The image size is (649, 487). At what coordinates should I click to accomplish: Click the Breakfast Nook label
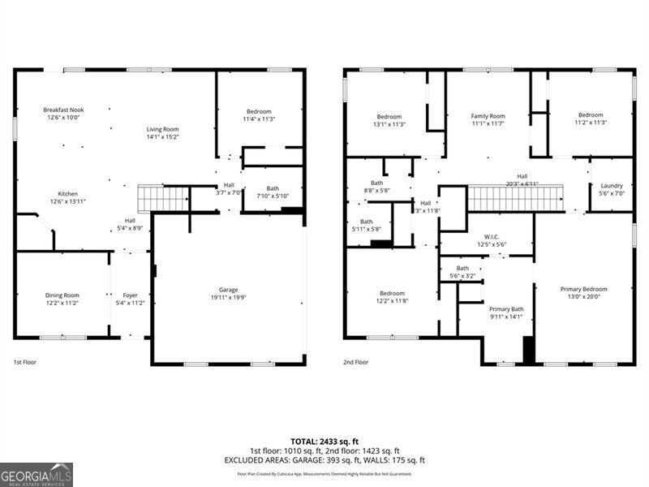(x=63, y=110)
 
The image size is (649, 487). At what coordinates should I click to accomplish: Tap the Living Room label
(x=162, y=129)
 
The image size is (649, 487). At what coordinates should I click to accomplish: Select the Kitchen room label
(x=68, y=194)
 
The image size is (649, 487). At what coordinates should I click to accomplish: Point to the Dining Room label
(x=62, y=295)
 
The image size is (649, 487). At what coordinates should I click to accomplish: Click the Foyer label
(x=130, y=295)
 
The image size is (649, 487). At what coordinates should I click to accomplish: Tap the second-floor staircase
(x=516, y=198)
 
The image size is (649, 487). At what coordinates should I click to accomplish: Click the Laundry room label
(x=612, y=186)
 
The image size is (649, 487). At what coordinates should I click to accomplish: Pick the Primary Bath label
(x=506, y=309)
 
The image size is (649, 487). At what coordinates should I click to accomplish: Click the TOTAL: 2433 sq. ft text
(x=324, y=441)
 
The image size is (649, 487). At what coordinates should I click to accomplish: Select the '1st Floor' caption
(x=24, y=362)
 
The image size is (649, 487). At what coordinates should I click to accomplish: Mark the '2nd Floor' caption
(x=355, y=362)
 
